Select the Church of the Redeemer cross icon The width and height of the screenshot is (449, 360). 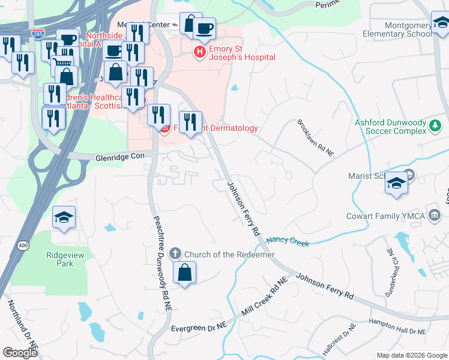tap(175, 254)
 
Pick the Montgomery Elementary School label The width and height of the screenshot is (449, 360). tap(396, 29)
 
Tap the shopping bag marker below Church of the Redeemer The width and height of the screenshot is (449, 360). tap(185, 273)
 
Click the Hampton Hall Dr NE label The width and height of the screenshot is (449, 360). tap(397, 328)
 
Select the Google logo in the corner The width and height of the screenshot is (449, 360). tap(20, 353)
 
